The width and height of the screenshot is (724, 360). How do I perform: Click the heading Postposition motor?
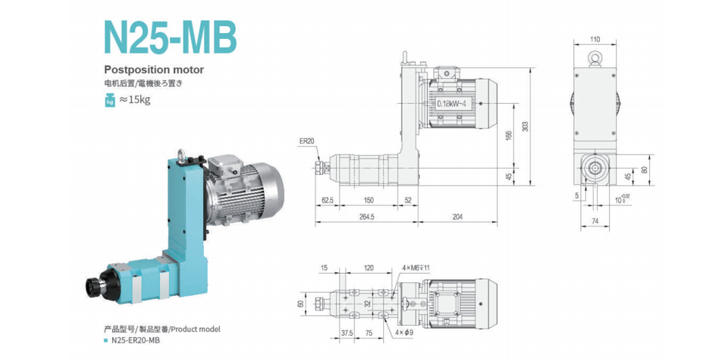(154, 69)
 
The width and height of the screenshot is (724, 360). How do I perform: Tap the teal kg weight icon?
(110, 100)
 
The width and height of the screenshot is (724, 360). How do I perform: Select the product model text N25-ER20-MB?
(131, 340)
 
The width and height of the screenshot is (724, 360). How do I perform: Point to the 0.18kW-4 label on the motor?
(451, 103)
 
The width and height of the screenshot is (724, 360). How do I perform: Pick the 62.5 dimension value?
(328, 201)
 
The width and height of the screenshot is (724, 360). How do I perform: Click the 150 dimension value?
(368, 201)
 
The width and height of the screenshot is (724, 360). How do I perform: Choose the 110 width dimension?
(595, 40)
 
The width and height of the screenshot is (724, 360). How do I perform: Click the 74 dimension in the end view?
(595, 221)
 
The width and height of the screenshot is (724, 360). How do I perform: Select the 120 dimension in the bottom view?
(368, 268)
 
